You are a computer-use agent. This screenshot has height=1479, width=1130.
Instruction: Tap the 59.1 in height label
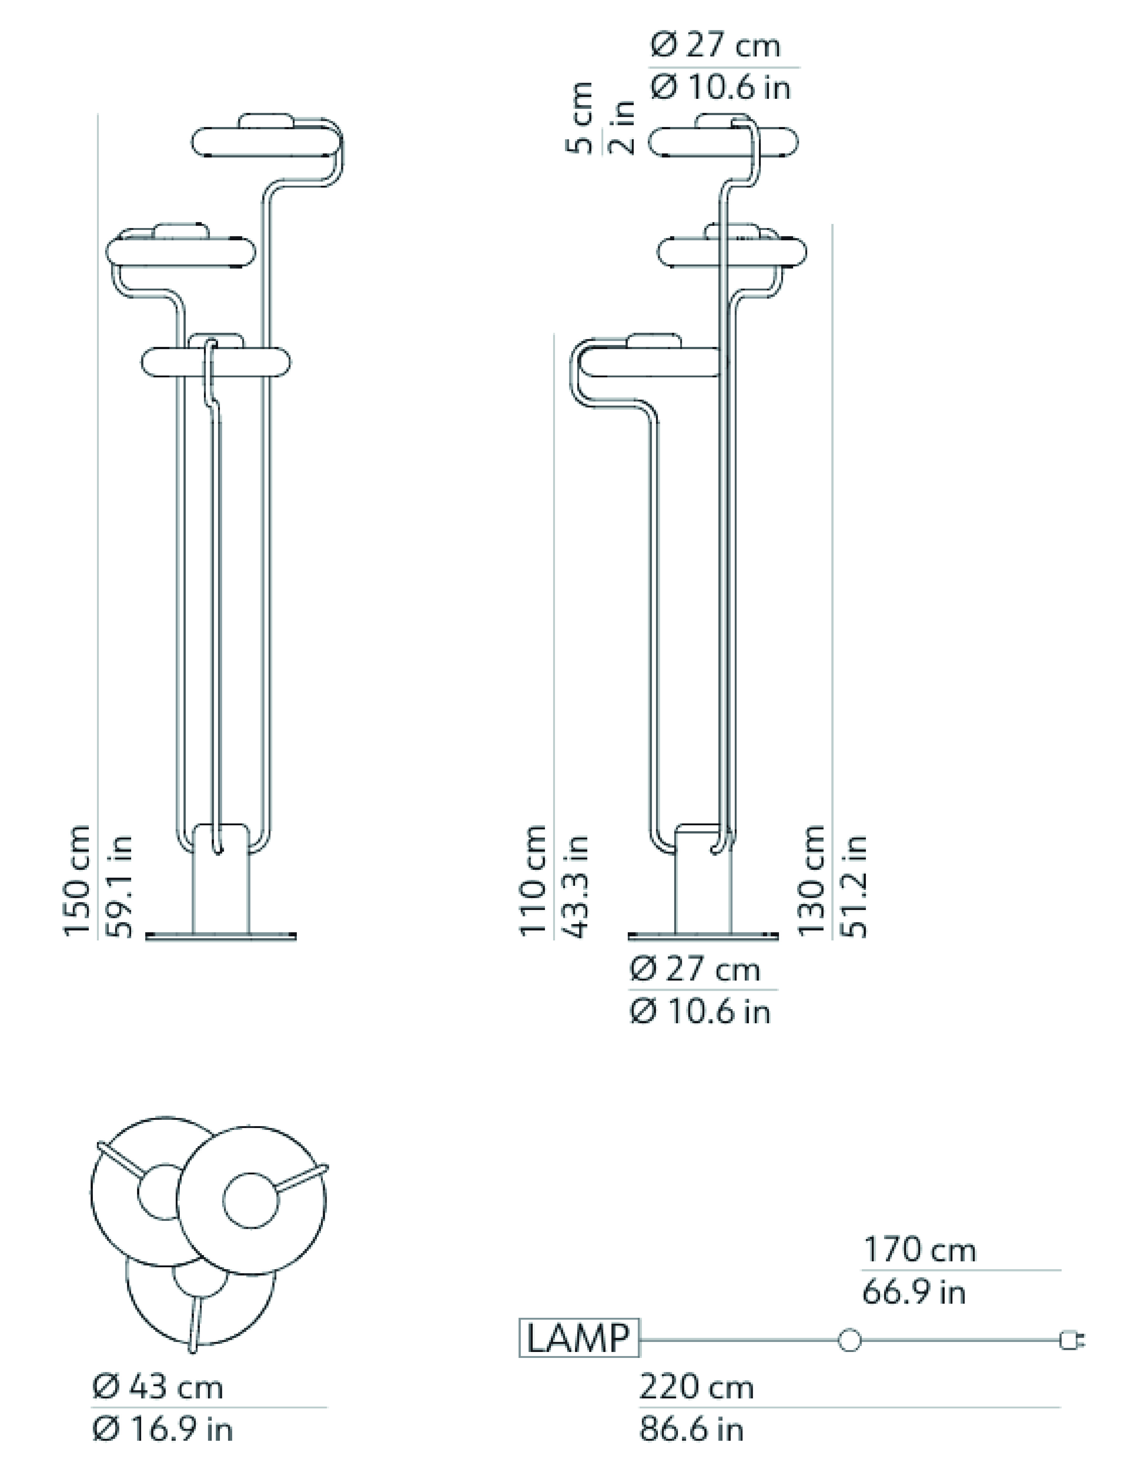click(120, 887)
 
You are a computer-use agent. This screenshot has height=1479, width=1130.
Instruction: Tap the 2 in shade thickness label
click(622, 128)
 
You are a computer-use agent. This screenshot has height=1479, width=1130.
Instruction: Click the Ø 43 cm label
click(158, 1388)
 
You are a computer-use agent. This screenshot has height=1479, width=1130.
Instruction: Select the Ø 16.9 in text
click(163, 1430)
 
